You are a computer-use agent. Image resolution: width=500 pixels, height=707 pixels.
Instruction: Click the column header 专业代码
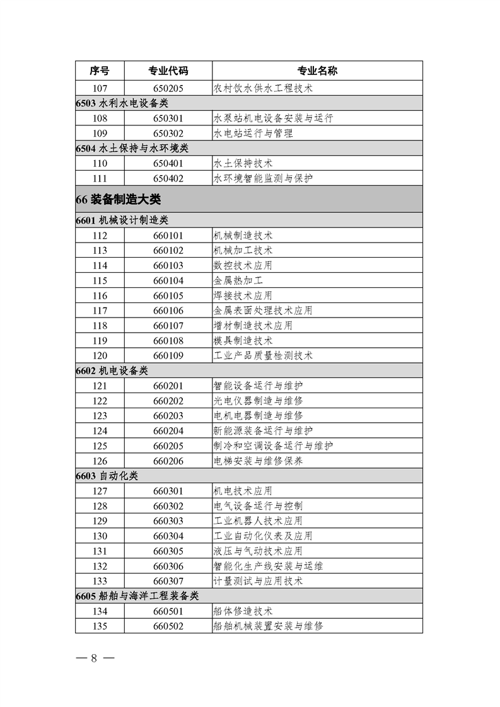pos(168,71)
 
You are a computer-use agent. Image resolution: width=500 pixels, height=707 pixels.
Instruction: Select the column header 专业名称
pos(317,71)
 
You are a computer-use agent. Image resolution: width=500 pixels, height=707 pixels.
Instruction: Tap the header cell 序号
pos(100,71)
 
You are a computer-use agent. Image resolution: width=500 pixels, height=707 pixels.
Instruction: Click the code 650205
pos(168,88)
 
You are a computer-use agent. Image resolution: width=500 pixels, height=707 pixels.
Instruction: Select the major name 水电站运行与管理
pos(253,133)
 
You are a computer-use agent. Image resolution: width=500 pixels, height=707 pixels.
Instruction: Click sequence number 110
pos(100,163)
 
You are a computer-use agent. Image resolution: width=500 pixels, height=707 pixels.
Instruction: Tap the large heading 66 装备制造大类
pos(118,200)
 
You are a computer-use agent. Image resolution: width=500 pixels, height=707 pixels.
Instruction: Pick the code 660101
pos(168,235)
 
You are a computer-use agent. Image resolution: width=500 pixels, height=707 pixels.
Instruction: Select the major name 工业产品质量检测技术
pos(264,355)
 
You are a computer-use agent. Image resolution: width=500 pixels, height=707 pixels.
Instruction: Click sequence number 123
pos(100,415)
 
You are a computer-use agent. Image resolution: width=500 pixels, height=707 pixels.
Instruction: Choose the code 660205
pos(168,445)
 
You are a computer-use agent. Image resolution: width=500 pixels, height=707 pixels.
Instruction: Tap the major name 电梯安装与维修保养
pos(259,461)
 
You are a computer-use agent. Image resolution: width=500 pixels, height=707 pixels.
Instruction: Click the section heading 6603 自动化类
pos(107,476)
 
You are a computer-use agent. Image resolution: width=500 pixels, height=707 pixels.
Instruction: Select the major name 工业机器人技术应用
pos(259,520)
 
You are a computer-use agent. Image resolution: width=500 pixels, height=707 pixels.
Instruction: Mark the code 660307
pos(168,580)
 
